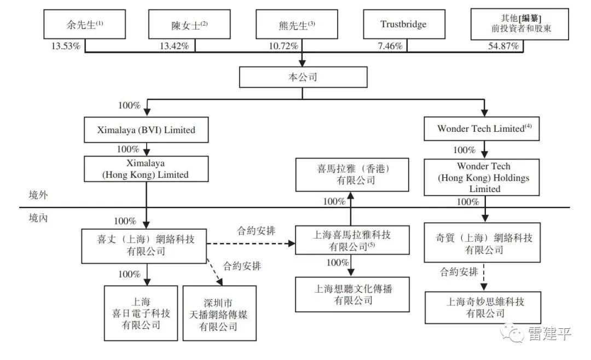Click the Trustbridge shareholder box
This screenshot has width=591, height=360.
(404, 24)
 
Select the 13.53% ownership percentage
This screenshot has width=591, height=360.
(66, 46)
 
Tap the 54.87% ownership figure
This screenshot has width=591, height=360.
(503, 46)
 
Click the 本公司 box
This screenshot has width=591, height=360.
(303, 77)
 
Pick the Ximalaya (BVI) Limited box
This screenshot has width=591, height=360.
(146, 130)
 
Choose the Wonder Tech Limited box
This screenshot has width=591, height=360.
(482, 129)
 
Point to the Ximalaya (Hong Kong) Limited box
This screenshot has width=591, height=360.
(146, 169)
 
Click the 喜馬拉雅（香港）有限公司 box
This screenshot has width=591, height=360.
(352, 175)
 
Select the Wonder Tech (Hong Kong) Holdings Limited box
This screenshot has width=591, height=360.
(482, 177)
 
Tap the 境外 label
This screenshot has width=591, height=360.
(38, 195)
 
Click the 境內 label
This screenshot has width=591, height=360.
(38, 218)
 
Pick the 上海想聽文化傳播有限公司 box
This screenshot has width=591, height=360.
(352, 294)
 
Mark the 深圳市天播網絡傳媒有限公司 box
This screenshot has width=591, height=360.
(220, 313)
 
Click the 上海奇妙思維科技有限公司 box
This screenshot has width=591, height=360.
(483, 307)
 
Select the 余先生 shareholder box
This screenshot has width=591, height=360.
(84, 24)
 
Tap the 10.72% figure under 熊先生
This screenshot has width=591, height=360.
(283, 46)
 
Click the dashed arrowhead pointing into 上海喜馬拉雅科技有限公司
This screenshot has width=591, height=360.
(292, 243)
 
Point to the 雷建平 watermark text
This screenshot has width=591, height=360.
(549, 334)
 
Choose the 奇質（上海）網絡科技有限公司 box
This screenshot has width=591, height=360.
(482, 242)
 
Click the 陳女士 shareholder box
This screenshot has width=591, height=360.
(189, 24)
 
